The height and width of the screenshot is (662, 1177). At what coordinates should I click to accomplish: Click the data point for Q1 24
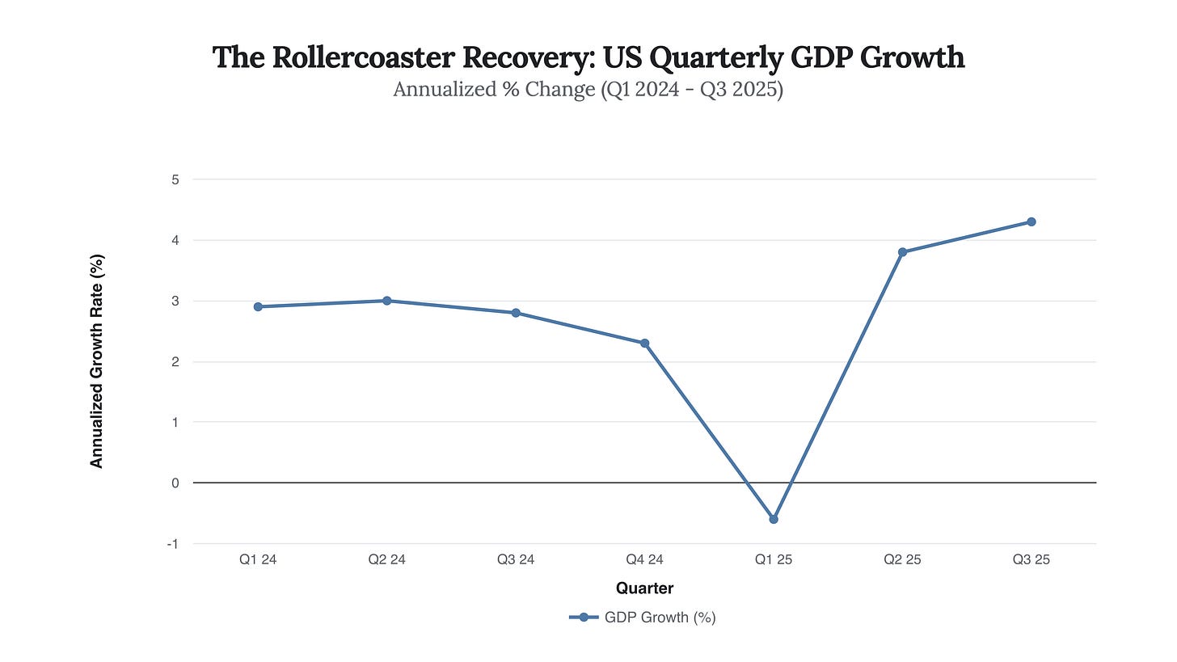coord(258,306)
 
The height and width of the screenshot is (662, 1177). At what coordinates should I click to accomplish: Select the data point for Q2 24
coord(386,301)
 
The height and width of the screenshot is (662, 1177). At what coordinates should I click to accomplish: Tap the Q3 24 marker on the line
coord(516,313)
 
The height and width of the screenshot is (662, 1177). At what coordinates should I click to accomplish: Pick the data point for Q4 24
coord(644,343)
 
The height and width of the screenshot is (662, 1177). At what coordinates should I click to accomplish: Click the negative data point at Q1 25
coord(774,519)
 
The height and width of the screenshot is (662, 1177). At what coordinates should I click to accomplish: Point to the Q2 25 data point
coord(902,252)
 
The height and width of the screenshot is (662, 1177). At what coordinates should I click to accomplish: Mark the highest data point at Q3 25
coord(1031,221)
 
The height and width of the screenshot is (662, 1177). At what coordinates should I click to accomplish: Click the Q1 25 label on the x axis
coord(774,559)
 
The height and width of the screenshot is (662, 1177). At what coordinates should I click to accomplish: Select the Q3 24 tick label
coord(516,559)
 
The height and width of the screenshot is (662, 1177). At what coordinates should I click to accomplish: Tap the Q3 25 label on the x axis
coord(1031,559)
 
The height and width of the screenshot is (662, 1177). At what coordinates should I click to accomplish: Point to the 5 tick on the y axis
coord(175,179)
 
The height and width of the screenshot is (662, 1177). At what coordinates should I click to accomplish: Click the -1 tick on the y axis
coord(172,544)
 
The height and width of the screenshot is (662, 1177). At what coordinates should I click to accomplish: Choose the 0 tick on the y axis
coord(175,483)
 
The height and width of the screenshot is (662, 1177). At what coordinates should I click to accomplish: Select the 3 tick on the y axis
coord(175,301)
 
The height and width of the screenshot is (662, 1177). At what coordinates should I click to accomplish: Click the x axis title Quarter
coord(644,588)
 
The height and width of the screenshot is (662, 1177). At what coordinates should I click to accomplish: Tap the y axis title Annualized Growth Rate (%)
coord(97,361)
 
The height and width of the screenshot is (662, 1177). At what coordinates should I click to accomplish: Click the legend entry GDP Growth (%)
coord(643,618)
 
